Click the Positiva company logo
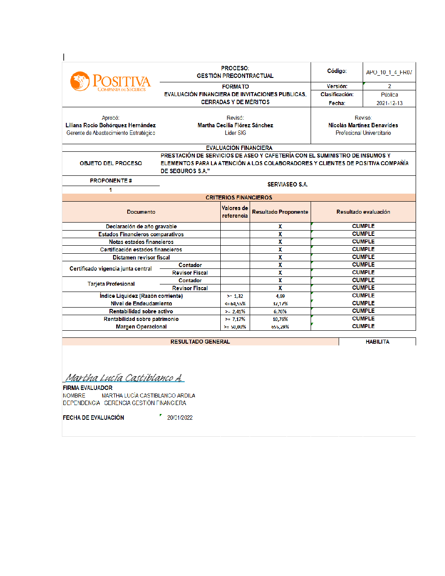(110, 82)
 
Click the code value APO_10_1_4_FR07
(389, 72)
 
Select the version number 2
(389, 86)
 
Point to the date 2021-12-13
(389, 103)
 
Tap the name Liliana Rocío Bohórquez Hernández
(110, 126)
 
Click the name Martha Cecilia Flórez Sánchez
(235, 126)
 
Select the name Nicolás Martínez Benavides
(363, 126)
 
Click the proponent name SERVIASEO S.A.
(287, 185)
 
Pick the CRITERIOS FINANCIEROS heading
(239, 198)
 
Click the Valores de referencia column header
(235, 212)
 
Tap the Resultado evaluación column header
(363, 212)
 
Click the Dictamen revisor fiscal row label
(141, 257)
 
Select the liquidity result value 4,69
(280, 296)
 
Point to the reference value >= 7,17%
(235, 319)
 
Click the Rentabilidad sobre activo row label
(141, 312)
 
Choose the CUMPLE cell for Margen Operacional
(363, 326)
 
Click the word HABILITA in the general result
(377, 342)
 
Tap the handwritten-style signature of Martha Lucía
(124, 378)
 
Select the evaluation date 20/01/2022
(180, 418)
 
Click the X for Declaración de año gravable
(280, 227)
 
